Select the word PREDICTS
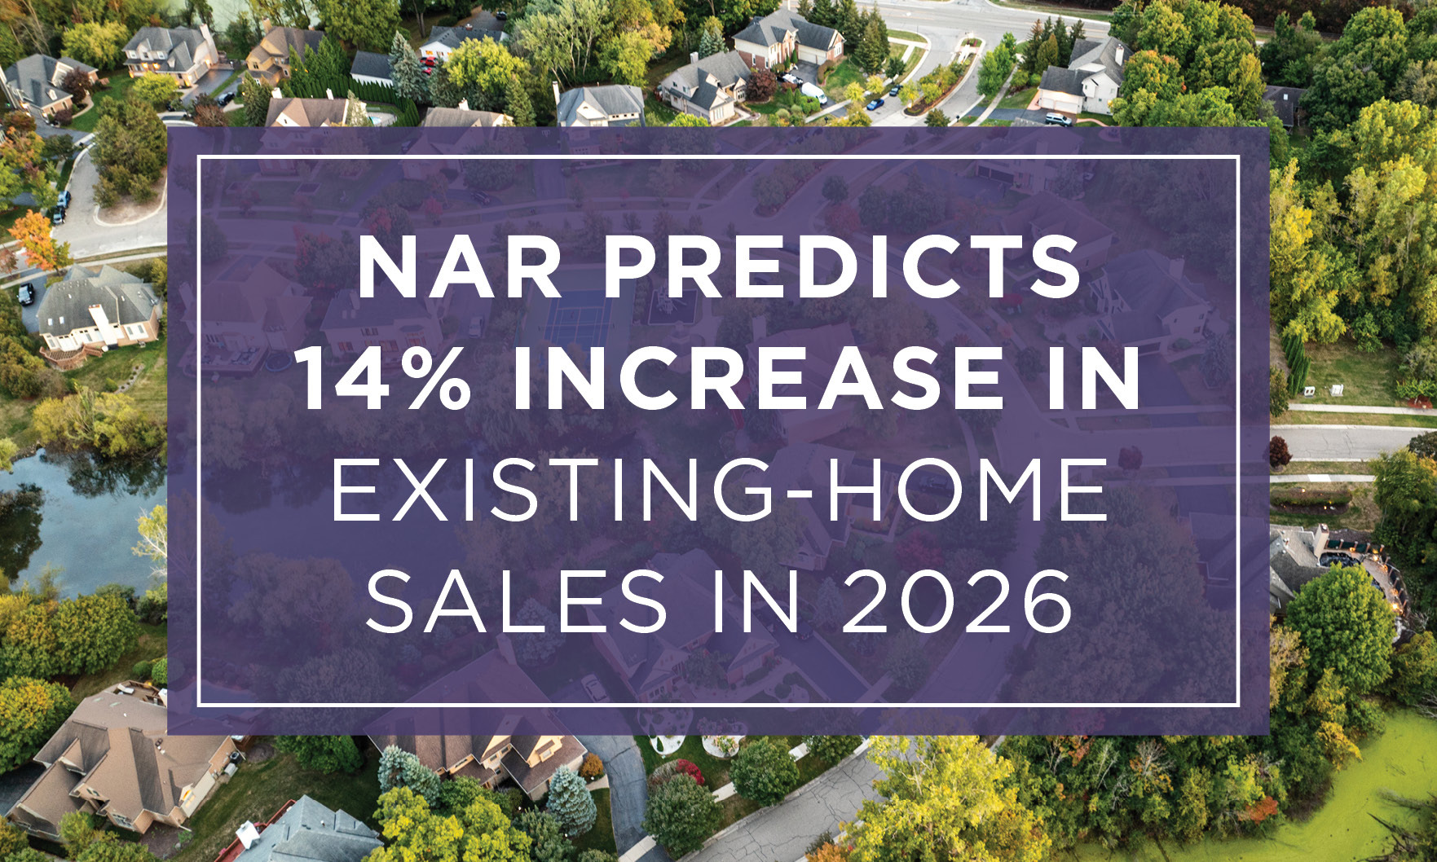pos(842,269)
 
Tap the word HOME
pos(950,492)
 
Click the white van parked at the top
pos(813,92)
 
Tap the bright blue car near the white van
pos(875,103)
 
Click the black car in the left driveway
pos(26,293)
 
